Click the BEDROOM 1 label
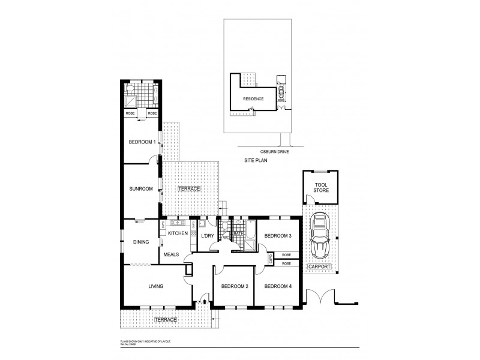click(142, 142)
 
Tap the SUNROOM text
click(140, 189)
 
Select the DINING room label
click(141, 242)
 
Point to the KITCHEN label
click(178, 233)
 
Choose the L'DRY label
click(207, 236)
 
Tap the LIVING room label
click(156, 286)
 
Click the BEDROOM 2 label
click(234, 286)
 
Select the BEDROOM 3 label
click(278, 236)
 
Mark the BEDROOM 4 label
click(278, 286)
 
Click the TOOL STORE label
click(321, 187)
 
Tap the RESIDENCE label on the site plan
click(253, 98)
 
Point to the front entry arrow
click(205, 302)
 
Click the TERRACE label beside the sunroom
click(189, 189)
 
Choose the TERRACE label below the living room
click(166, 320)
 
